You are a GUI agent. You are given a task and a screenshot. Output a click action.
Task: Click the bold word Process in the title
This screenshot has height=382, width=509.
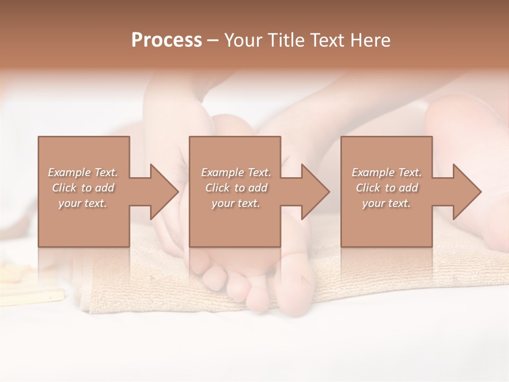coord(166,40)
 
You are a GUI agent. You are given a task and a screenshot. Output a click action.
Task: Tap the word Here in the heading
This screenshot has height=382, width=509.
coord(371,40)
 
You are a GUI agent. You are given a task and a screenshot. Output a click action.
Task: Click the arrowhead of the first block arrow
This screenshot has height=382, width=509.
coord(164,192)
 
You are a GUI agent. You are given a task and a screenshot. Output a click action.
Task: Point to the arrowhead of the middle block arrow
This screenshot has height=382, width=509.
coord(315,192)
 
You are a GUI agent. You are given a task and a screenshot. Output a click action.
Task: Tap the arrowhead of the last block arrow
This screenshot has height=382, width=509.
coord(467,192)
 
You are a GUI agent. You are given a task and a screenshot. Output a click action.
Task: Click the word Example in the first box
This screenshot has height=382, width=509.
coord(69,172)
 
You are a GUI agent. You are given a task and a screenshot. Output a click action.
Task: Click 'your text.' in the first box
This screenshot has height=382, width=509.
coord(83,203)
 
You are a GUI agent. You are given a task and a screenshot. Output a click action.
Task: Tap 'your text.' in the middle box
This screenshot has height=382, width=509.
coord(235,203)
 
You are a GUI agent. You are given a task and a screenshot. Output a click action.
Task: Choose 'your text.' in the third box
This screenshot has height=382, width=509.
coord(387,203)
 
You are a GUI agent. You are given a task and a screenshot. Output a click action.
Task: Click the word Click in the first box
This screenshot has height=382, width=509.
coord(64,188)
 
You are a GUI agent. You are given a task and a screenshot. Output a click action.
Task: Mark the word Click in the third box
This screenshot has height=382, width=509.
coord(368,188)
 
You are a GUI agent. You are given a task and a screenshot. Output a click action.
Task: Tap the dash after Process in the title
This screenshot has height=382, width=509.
coord(213,40)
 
